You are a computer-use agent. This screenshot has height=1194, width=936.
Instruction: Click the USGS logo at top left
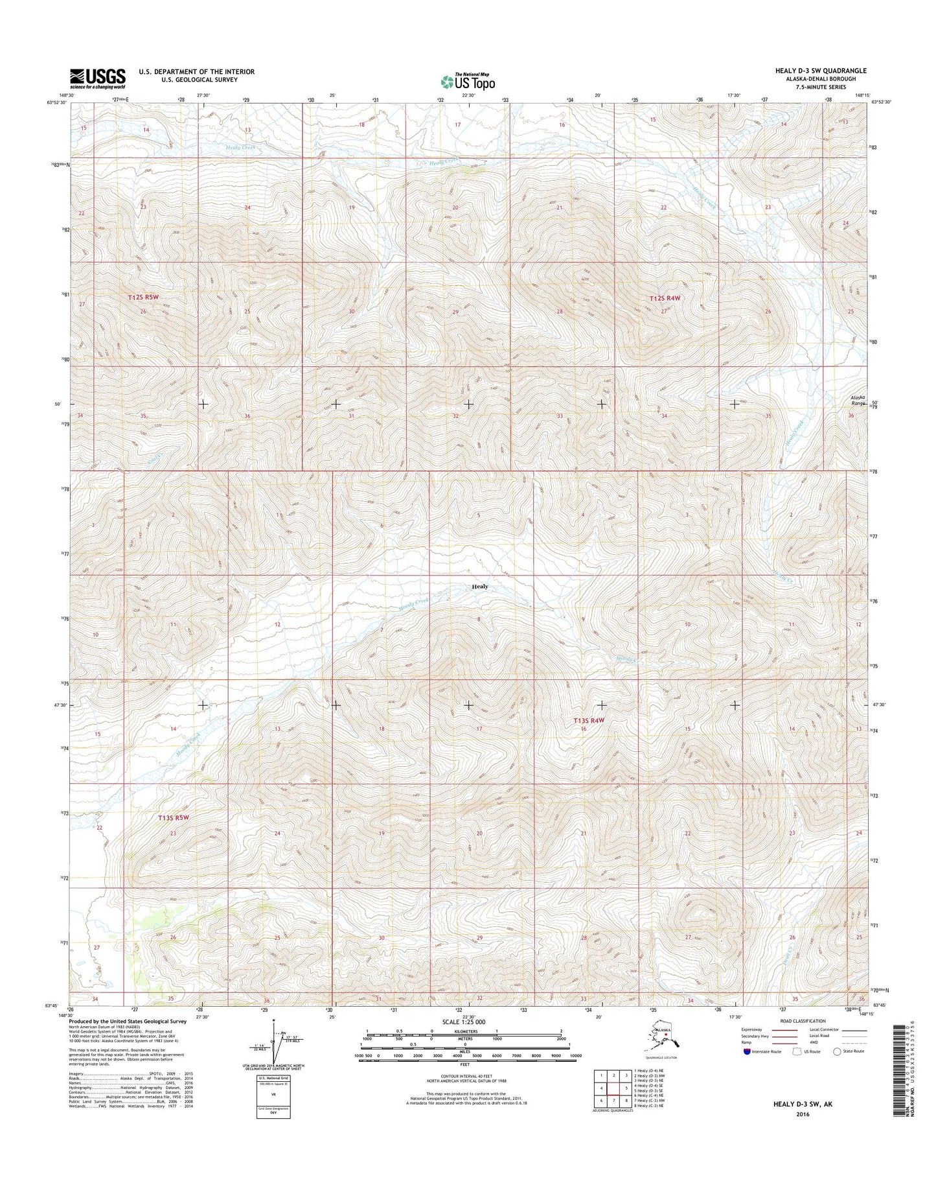pyautogui.click(x=98, y=78)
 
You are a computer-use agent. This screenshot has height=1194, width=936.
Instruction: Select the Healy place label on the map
pyautogui.click(x=480, y=586)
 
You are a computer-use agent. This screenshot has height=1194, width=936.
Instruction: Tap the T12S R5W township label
pyautogui.click(x=143, y=297)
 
